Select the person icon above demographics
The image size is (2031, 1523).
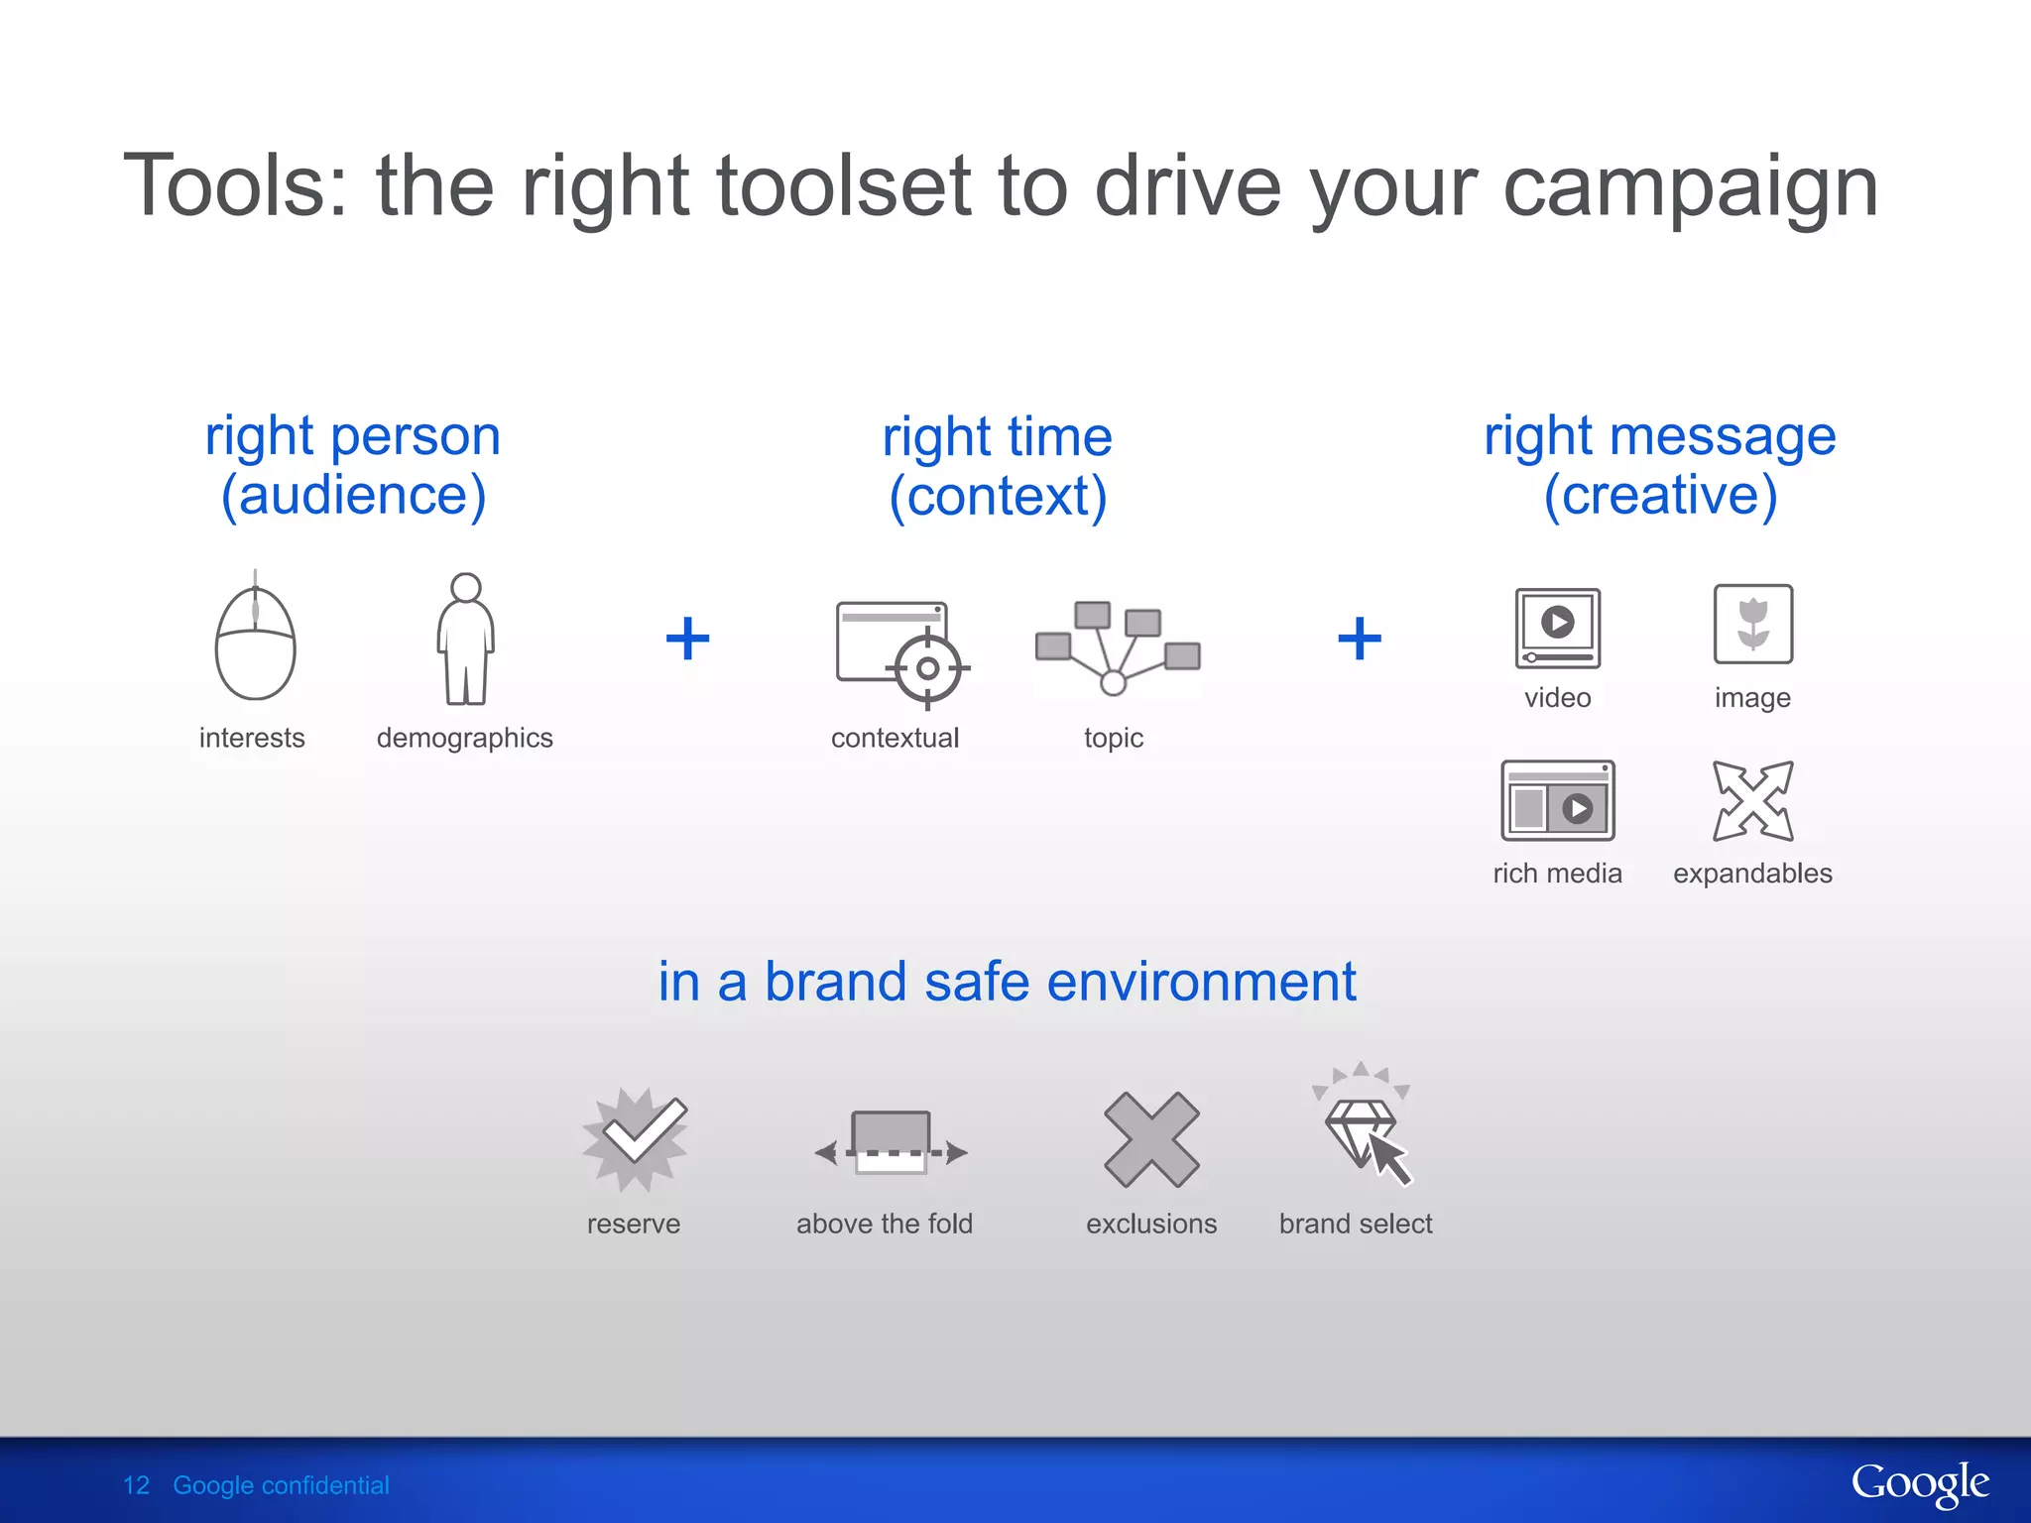[x=465, y=640]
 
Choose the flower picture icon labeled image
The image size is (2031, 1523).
[x=1752, y=625]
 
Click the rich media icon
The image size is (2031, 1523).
[x=1557, y=801]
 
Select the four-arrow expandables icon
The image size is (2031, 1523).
[x=1752, y=801]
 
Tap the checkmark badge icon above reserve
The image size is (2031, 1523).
[x=635, y=1138]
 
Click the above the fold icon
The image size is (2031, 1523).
[x=890, y=1144]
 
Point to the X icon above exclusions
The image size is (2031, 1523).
[x=1151, y=1139]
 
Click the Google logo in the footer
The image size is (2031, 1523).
[x=1919, y=1484]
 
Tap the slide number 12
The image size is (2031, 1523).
[x=136, y=1485]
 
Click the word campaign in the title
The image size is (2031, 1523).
[x=1690, y=187]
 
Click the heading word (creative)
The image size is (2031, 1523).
[x=1660, y=495]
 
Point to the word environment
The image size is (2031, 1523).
[x=1201, y=982]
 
